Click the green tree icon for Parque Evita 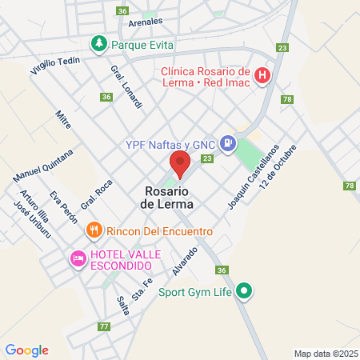98,43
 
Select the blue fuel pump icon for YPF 229,143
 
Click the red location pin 179,165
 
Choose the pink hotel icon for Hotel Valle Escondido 78,258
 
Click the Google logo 26,350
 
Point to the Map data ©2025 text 325,354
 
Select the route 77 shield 103,326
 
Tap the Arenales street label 145,22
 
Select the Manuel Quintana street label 38,165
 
